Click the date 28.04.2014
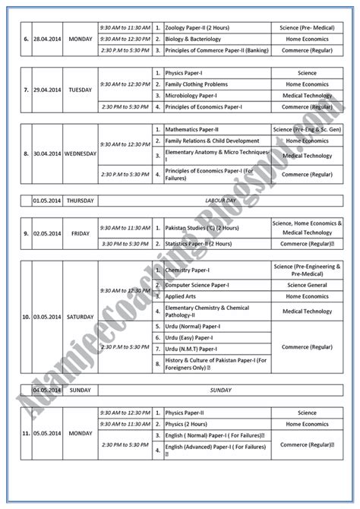point(47,39)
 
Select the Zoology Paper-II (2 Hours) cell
point(201,26)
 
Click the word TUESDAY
point(80,90)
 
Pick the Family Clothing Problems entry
point(199,84)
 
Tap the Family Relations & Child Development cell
point(212,141)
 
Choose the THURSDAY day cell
point(80,201)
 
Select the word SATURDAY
point(80,316)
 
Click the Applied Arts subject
point(184,296)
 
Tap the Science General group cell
point(308,285)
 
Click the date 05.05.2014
point(47,435)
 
